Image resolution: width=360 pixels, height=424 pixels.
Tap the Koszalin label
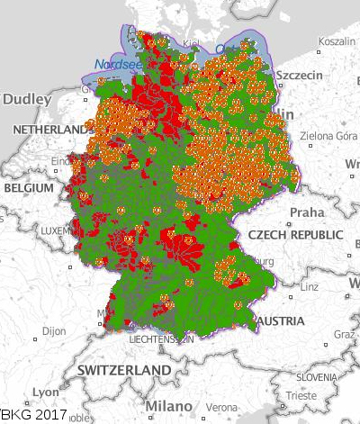pyautogui.click(x=337, y=41)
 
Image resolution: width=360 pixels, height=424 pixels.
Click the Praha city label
pyautogui.click(x=305, y=213)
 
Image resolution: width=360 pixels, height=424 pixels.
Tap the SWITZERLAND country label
pyautogui.click(x=123, y=371)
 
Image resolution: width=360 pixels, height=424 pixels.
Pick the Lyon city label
pyautogui.click(x=45, y=392)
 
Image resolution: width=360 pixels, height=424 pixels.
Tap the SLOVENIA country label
pyautogui.click(x=317, y=376)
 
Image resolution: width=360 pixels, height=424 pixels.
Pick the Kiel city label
pyautogui.click(x=192, y=43)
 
